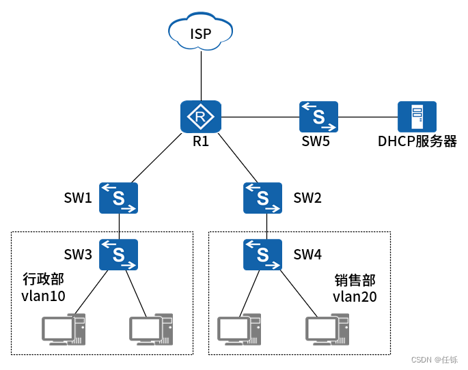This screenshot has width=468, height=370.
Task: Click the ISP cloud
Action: pos(201,32)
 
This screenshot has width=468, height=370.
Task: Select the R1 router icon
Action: pos(201,117)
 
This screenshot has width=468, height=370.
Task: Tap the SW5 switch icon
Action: pos(318,117)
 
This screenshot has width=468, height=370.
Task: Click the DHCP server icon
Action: pos(417,117)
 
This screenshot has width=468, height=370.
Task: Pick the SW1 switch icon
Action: pos(119,199)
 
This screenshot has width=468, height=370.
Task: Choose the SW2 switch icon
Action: pos(263,199)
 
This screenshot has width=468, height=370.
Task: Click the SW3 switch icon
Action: pos(119,255)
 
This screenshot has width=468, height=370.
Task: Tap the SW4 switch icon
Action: pos(263,255)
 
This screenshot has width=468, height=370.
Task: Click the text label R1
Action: pos(201,142)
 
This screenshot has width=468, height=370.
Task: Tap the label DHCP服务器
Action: pos(417,142)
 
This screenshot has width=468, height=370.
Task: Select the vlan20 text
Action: pos(355,297)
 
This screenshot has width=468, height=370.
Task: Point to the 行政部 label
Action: pos(44,279)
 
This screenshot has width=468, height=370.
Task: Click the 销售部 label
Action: pos(355,281)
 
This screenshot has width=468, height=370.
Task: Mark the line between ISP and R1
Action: pos(201,76)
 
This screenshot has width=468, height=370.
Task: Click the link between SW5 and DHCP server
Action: pos(368,117)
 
